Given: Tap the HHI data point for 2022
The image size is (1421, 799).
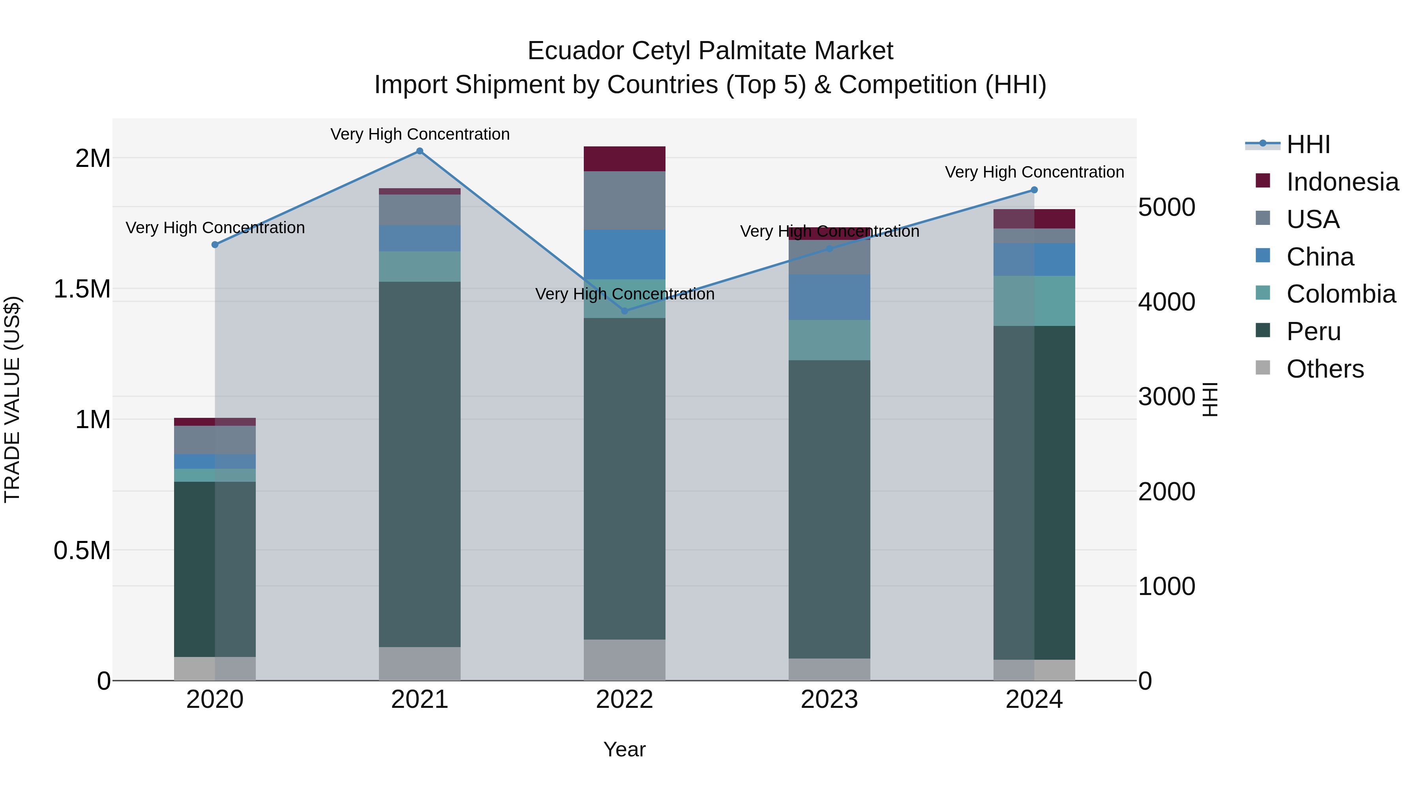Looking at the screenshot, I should (x=624, y=311).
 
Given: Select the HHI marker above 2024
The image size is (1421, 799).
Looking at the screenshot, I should (x=1034, y=190).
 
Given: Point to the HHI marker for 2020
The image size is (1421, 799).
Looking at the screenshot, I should (x=215, y=245).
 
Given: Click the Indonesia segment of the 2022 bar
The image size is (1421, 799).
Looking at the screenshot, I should (x=624, y=159).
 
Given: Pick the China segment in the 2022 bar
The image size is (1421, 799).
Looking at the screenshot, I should (x=624, y=254).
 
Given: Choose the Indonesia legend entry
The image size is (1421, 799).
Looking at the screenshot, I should (x=1342, y=182).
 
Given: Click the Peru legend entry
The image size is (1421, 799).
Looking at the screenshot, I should (x=1313, y=331).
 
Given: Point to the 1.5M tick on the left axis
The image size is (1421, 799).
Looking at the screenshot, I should (x=82, y=289).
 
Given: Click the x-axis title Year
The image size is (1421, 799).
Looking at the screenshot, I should (x=624, y=749).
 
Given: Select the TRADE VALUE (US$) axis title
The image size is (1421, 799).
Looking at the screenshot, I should (x=12, y=399).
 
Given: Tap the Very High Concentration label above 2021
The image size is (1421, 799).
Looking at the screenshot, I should (x=420, y=134).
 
